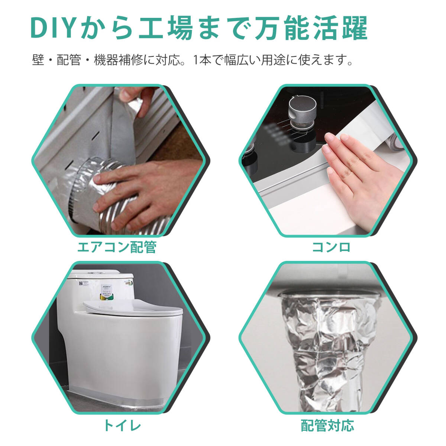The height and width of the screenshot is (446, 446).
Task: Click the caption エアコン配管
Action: click(117, 248)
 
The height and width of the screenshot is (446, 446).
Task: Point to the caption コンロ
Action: click(331, 248)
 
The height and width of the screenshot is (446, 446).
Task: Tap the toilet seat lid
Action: click(133, 308)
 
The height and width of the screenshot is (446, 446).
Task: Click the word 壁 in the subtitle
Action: click(38, 60)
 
